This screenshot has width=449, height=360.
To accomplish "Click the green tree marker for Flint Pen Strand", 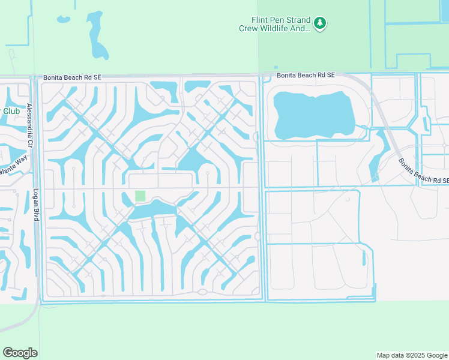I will tap(320, 23).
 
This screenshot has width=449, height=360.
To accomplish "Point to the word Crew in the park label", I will tap(249, 28).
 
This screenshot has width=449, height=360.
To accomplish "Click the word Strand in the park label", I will tap(295, 19).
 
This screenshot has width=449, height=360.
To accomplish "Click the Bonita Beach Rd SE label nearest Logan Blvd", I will tap(73, 77).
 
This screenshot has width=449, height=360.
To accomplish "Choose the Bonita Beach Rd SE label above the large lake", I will tap(306, 75).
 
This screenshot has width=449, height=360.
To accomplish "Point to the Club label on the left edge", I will tap(11, 111).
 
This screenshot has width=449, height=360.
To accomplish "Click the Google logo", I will tap(20, 353).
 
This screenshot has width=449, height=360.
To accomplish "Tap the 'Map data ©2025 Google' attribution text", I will tap(412, 355).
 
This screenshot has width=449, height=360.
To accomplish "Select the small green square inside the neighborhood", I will tap(140, 196).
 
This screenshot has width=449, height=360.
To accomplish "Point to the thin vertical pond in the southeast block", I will tap(364, 257).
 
